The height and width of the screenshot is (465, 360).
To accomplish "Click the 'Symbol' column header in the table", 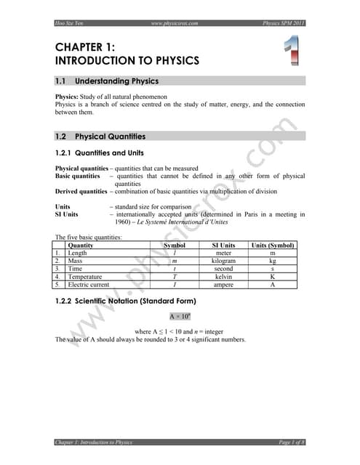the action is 175,246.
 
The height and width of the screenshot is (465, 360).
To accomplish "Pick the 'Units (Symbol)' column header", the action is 273,246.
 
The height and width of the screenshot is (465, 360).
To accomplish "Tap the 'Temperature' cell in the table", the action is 84,277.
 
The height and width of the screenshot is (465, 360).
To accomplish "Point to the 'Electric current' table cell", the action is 90,285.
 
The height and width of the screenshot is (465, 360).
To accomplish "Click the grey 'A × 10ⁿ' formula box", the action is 180,317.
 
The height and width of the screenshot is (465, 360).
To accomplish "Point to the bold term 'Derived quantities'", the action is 81,191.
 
